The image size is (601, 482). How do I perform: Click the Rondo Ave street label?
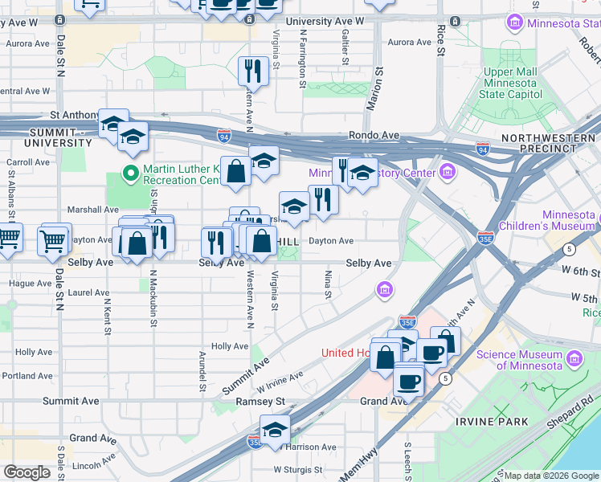(374, 136)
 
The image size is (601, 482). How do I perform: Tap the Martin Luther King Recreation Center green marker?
(129, 173)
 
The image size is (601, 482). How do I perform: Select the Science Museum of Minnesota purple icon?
(574, 357)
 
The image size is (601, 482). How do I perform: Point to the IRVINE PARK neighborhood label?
(491, 422)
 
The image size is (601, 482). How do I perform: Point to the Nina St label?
(328, 284)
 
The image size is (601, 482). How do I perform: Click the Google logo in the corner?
(27, 472)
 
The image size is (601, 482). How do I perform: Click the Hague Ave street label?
(30, 284)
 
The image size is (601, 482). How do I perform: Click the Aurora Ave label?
(410, 42)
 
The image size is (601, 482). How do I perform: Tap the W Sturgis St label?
(297, 469)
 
